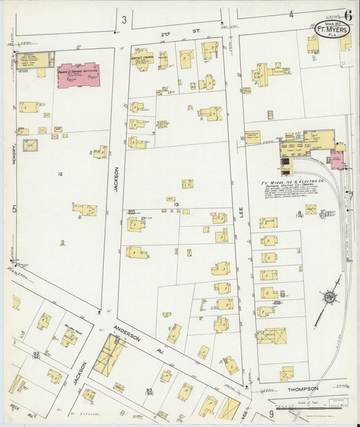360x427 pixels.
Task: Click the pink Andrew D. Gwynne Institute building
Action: pos(78,75)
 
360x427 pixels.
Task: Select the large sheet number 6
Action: pos(348,15)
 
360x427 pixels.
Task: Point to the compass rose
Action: pos(330,297)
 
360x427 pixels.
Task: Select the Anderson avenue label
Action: pos(126,330)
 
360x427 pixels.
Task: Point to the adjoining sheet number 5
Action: pos(14,209)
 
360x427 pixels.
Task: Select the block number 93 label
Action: pos(148,391)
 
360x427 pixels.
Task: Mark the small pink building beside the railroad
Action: pos(336,159)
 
